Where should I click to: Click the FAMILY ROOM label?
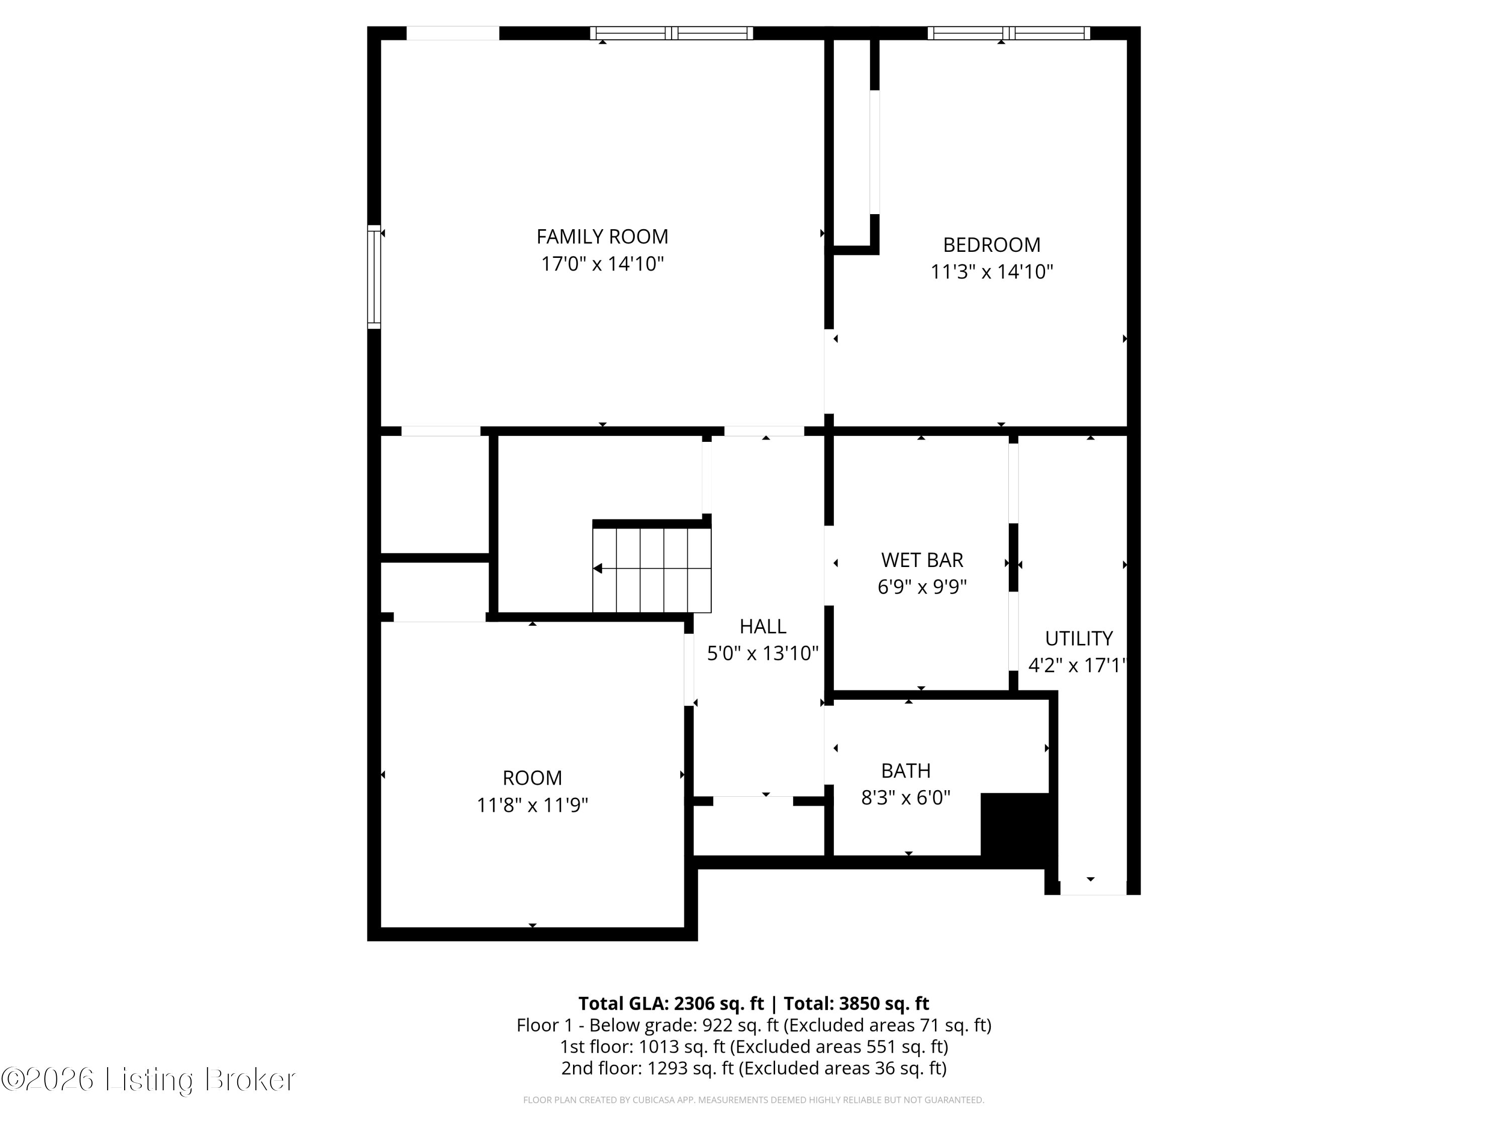602,237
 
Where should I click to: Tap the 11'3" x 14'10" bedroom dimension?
991,272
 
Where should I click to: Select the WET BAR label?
922,559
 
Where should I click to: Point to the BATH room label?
905,771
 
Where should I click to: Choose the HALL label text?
762,626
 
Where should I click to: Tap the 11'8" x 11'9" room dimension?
532,805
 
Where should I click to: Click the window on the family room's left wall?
373,277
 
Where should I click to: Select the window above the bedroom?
1008,33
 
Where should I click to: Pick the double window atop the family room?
672,33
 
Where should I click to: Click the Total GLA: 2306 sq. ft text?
671,1003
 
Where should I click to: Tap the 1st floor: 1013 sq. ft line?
753,1047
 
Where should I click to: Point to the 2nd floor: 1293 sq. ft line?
753,1068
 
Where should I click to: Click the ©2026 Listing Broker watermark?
149,1079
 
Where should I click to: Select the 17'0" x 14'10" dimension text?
602,264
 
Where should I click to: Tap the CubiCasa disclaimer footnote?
753,1100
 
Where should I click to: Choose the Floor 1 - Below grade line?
753,1025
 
